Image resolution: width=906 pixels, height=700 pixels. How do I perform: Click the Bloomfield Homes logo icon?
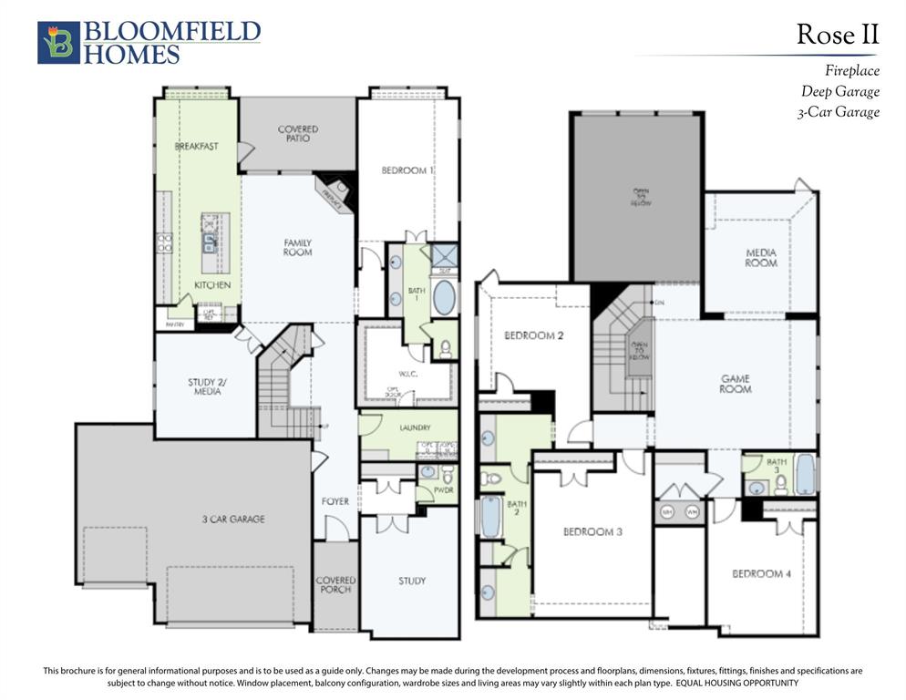58,43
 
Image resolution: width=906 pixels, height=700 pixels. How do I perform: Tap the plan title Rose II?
838,35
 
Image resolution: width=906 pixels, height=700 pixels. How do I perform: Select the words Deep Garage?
840,91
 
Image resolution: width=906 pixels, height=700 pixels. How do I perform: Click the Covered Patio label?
298,134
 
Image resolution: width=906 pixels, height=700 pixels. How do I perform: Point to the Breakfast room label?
196,146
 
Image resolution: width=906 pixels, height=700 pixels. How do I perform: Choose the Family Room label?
298,247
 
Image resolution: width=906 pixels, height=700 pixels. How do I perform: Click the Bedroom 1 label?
407,170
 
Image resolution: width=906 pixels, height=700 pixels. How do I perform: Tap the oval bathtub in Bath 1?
444,297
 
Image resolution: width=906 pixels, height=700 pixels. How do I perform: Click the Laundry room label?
415,427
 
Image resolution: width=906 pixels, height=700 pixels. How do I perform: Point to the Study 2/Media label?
206,386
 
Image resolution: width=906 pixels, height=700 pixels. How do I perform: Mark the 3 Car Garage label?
233,519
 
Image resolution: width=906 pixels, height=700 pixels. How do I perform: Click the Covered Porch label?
335,584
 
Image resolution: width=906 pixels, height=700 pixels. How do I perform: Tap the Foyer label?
335,501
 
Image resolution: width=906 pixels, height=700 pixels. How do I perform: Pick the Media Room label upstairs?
761,258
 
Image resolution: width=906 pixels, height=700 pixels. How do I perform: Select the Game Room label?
736,384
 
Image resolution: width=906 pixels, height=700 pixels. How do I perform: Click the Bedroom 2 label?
534,335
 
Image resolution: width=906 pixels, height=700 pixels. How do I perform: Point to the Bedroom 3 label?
592,531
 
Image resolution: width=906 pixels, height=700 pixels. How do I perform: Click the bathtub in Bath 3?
806,474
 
